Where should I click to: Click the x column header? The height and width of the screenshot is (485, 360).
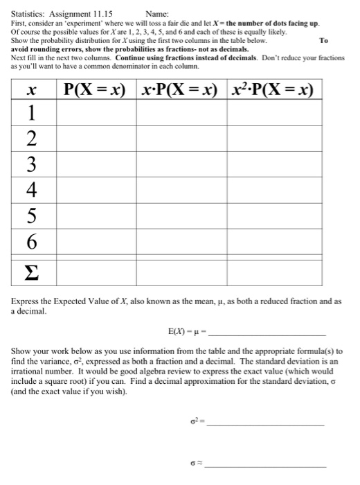pos(30,90)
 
